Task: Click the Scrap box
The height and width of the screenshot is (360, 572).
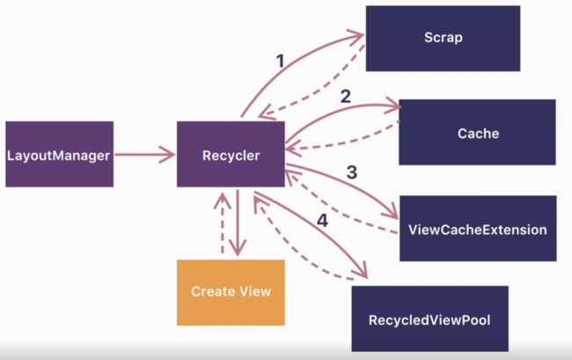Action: tap(443, 39)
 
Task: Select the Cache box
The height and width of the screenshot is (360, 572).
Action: tap(477, 132)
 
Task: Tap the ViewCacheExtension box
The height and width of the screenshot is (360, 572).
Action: tap(478, 228)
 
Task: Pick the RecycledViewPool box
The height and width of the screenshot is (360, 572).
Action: tap(429, 319)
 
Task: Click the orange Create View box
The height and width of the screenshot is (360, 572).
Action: tap(231, 292)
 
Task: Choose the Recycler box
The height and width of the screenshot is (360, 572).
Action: tap(231, 154)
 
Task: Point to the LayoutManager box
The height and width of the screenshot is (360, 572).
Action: tap(60, 154)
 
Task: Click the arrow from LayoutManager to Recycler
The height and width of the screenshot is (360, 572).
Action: tap(145, 154)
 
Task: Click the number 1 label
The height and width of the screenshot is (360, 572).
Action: tap(280, 62)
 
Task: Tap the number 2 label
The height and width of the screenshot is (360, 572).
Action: tap(346, 96)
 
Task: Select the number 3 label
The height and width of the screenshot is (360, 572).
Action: tap(352, 173)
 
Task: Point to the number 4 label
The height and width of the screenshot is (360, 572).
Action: tap(322, 221)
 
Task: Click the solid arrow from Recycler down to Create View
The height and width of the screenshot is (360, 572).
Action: tap(238, 223)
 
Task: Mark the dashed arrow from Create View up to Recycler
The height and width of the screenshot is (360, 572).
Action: tap(222, 224)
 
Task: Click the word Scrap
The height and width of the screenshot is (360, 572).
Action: tap(444, 38)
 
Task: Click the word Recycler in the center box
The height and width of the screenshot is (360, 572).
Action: tap(231, 156)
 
